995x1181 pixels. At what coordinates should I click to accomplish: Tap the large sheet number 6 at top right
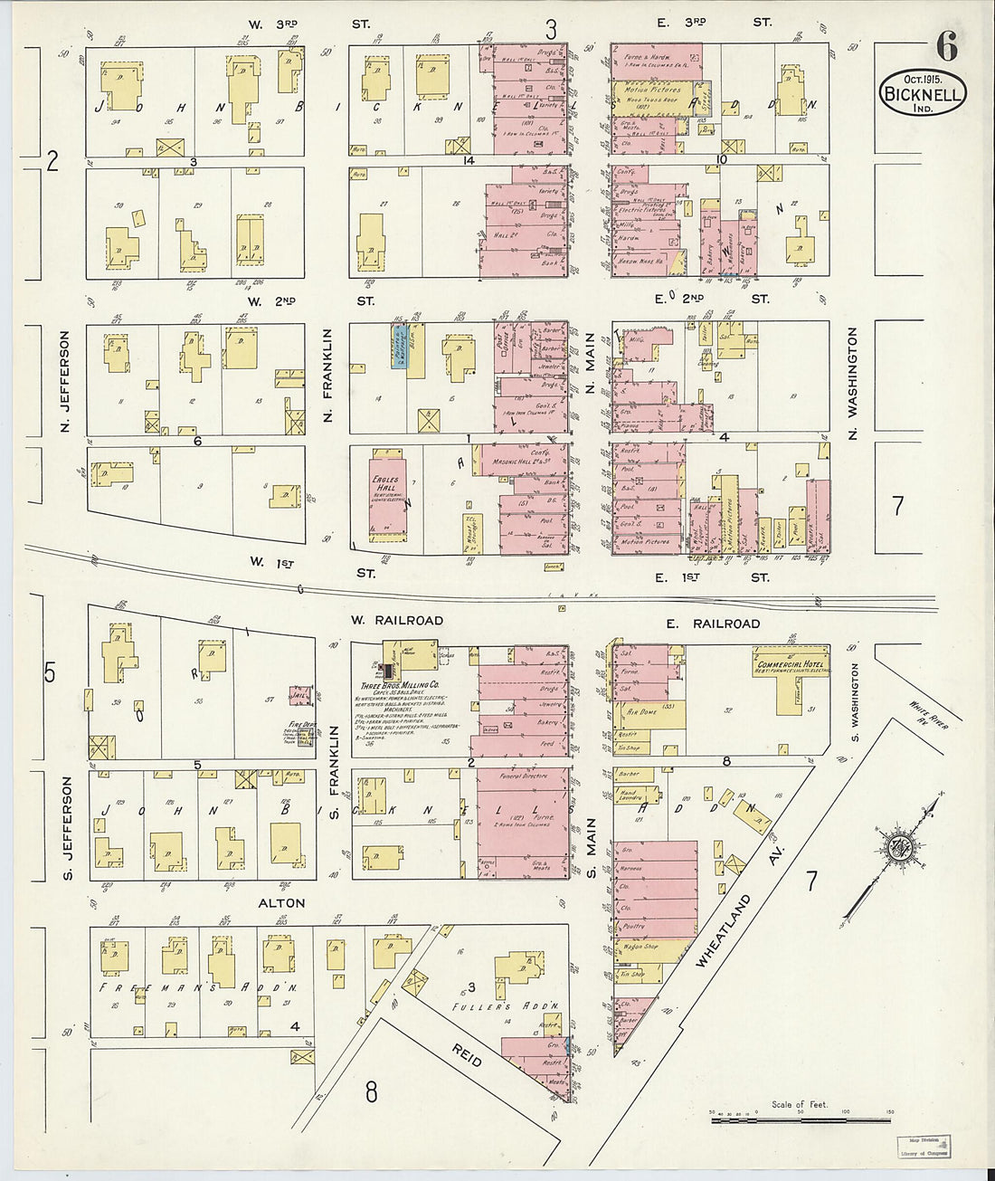(x=946, y=45)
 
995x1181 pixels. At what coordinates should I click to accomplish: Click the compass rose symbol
(x=900, y=849)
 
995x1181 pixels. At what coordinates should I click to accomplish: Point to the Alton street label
(x=280, y=903)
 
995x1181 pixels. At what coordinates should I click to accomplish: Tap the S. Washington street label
(x=854, y=695)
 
